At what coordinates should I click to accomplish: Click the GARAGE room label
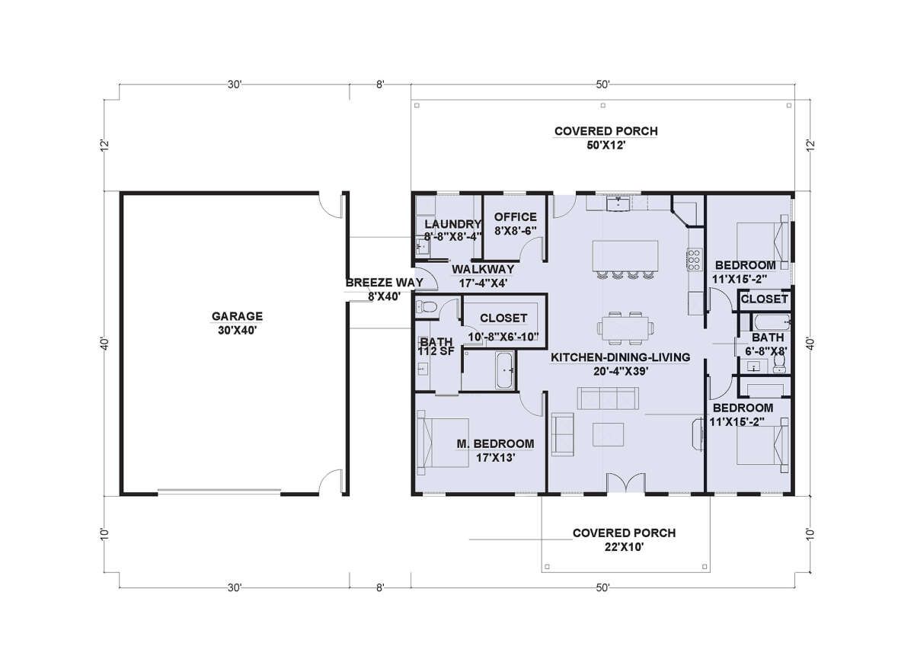pyautogui.click(x=237, y=316)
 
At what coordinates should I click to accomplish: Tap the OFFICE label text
pyautogui.click(x=516, y=217)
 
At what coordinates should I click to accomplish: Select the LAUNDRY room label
pyautogui.click(x=453, y=224)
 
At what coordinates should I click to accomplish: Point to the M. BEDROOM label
pyautogui.click(x=495, y=443)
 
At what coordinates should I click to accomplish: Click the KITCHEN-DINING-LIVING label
pyautogui.click(x=620, y=357)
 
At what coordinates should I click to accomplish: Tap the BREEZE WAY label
pyautogui.click(x=385, y=283)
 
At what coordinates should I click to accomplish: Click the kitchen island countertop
pyautogui.click(x=625, y=255)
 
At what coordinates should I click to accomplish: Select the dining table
pyautogui.click(x=625, y=328)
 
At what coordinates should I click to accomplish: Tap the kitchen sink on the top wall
pyautogui.click(x=619, y=203)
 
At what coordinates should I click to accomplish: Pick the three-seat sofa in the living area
pyautogui.click(x=608, y=398)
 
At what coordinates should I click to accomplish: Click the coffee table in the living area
pyautogui.click(x=608, y=435)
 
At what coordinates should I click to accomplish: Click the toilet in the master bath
pyautogui.click(x=427, y=306)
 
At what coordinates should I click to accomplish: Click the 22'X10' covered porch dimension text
pyautogui.click(x=624, y=547)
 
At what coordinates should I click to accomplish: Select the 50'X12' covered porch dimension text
pyautogui.click(x=606, y=146)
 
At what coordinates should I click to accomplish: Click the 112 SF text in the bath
pyautogui.click(x=436, y=351)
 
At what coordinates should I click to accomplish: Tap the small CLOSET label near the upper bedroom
pyautogui.click(x=764, y=299)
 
